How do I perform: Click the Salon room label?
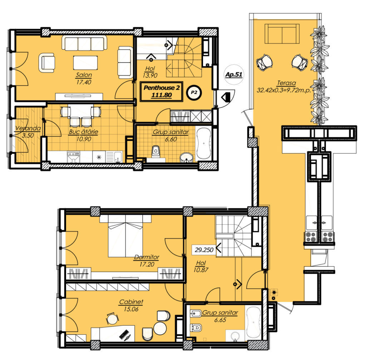(84, 75)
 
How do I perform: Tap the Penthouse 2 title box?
(162, 91)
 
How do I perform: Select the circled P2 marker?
(194, 93)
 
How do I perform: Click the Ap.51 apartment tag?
(234, 74)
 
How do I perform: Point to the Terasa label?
(286, 83)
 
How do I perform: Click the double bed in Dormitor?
(125, 236)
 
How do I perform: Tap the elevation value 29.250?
(204, 250)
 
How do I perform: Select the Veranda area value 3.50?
(28, 135)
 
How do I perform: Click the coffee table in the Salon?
(85, 62)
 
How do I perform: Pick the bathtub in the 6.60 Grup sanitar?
(203, 143)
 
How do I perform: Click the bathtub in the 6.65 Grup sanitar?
(253, 322)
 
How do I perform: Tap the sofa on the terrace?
(282, 34)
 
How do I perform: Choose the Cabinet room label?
(131, 302)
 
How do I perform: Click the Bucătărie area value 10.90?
(84, 139)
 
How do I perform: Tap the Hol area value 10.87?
(201, 270)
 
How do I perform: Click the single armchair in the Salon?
(47, 62)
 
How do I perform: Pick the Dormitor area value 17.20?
(147, 264)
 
